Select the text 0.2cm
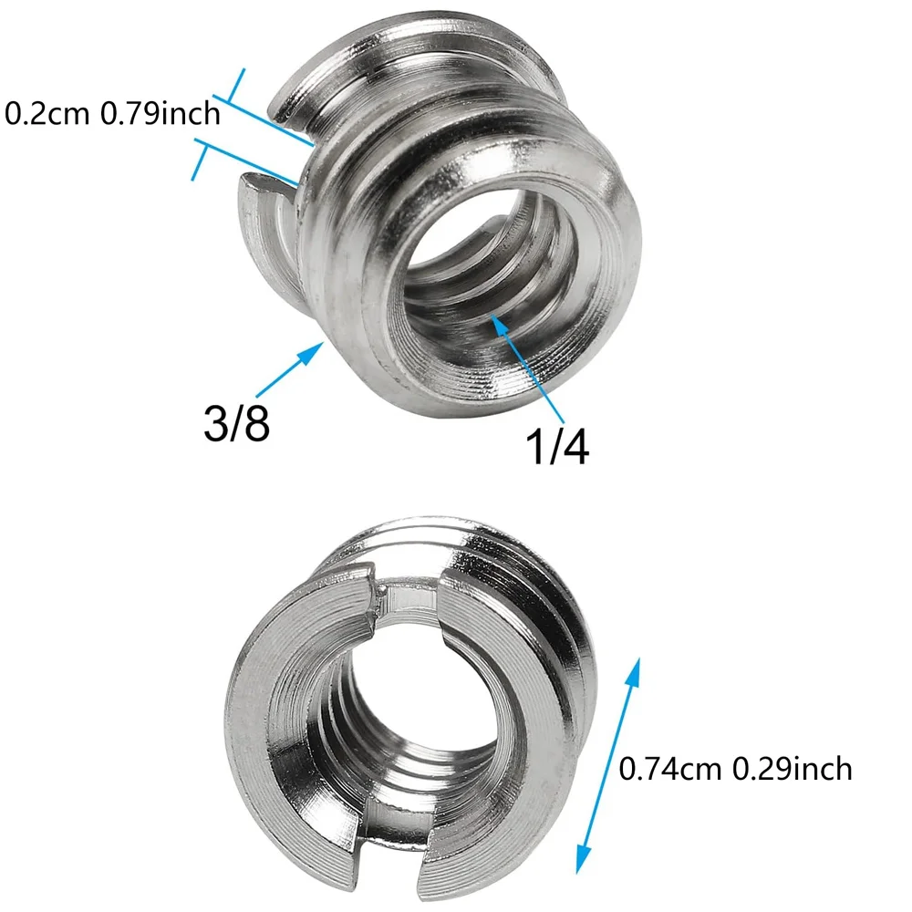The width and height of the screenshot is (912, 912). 41,114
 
